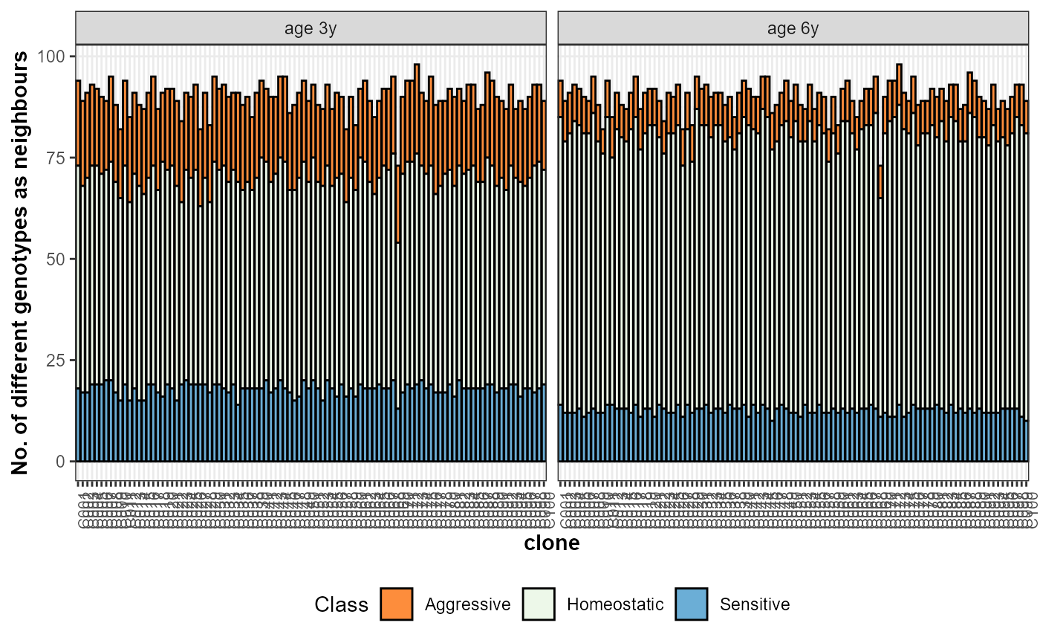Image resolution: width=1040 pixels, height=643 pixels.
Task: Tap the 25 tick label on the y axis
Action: [x=57, y=361]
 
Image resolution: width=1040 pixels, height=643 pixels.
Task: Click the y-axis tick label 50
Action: [x=57, y=259]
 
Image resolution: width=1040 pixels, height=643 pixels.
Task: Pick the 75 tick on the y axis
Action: [x=57, y=158]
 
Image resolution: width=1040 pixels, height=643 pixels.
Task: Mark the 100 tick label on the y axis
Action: [x=53, y=56]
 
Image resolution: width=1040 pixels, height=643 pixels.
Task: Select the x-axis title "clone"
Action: [x=552, y=543]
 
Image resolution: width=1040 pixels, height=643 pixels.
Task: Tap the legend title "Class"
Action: [x=341, y=604]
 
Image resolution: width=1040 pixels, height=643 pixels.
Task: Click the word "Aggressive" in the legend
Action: [x=467, y=604]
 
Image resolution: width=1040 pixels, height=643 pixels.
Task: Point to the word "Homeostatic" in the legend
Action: [x=615, y=604]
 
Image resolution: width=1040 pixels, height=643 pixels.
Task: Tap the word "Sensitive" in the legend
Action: [x=754, y=604]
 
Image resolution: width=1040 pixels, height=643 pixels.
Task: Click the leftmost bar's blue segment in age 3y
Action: [x=78, y=424]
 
